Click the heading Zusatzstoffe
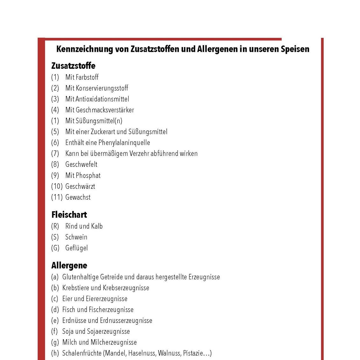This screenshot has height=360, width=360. [73, 66]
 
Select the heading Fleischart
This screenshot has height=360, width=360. [69, 215]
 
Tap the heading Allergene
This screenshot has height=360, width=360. [69, 265]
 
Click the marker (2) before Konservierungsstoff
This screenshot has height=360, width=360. [55, 88]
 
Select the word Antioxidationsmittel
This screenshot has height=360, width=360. [102, 99]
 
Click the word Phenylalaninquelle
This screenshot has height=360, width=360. [124, 143]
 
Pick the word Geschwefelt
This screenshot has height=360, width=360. [81, 165]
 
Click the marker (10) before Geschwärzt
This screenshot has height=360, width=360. [57, 186]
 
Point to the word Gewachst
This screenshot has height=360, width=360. [78, 197]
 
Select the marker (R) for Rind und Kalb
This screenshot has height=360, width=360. [55, 226]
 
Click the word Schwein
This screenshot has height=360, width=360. [76, 237]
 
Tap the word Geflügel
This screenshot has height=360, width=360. [76, 248]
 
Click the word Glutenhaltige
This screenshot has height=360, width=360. [80, 277]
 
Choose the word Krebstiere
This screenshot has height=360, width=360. [75, 288]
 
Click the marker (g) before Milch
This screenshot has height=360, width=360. [55, 342]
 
